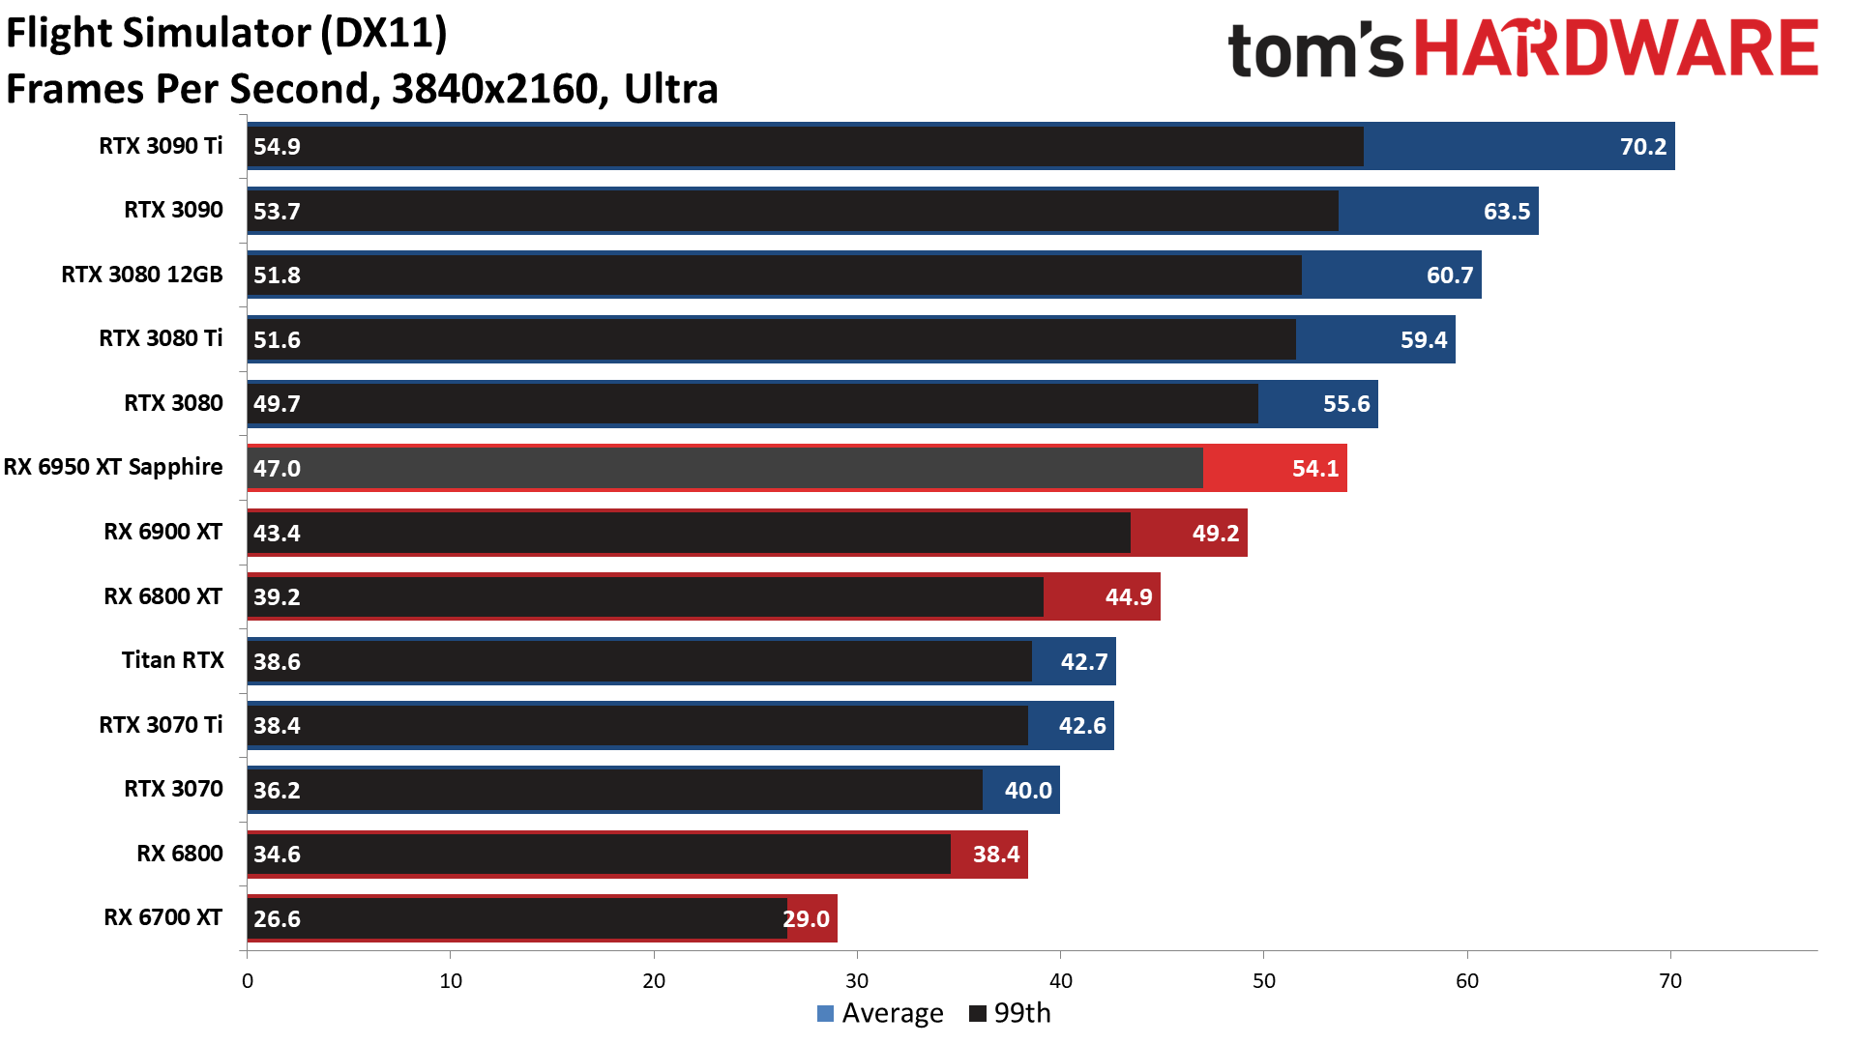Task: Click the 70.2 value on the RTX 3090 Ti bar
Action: pos(1642,147)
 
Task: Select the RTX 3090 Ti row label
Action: pos(161,146)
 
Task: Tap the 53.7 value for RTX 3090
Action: pos(277,212)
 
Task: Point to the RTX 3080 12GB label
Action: pos(142,275)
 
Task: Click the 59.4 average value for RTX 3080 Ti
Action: pos(1424,340)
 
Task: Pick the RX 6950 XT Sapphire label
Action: pos(113,467)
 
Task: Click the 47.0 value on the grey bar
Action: pos(277,469)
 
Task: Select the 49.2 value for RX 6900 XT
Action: pos(1215,534)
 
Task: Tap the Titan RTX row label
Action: pos(172,660)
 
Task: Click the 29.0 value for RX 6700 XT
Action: pos(807,919)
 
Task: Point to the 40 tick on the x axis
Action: pos(1060,981)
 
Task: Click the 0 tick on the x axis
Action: pos(248,981)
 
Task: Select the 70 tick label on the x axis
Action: pos(1669,981)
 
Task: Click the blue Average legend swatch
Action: pos(825,1013)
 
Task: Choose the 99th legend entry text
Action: pos(1021,1013)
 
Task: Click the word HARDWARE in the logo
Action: pos(1616,50)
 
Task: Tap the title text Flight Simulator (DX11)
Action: pos(226,33)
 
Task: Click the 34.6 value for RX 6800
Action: pos(277,855)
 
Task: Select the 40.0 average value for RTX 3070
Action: pos(1027,791)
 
